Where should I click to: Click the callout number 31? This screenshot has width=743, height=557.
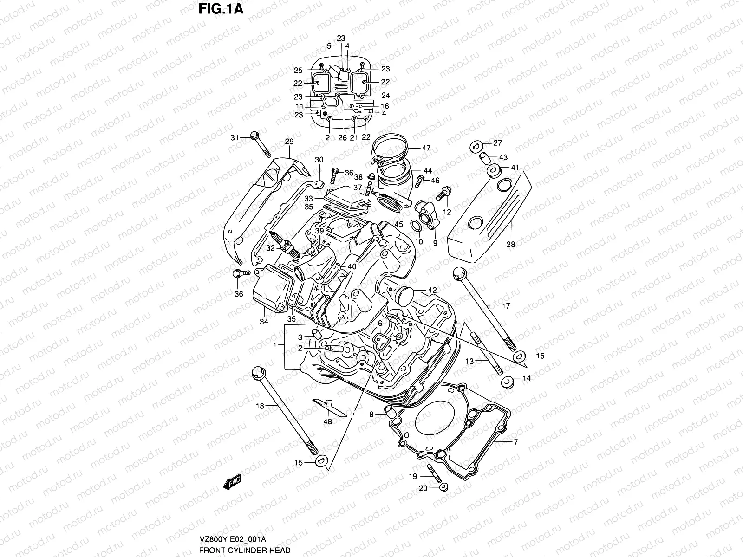point(235,138)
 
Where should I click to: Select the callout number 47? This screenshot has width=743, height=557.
point(426,149)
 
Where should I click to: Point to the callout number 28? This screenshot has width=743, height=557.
point(510,245)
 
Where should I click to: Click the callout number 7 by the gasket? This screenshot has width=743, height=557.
point(515,442)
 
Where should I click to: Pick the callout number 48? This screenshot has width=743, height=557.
point(328,422)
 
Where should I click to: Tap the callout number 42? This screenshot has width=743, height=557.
point(432,291)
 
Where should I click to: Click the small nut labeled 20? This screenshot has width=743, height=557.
point(443,487)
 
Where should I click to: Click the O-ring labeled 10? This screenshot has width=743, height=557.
point(417,226)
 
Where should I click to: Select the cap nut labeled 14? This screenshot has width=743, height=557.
point(508,382)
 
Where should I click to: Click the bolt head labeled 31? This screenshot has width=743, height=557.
point(254,136)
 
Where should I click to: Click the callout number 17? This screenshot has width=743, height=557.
point(506,306)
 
